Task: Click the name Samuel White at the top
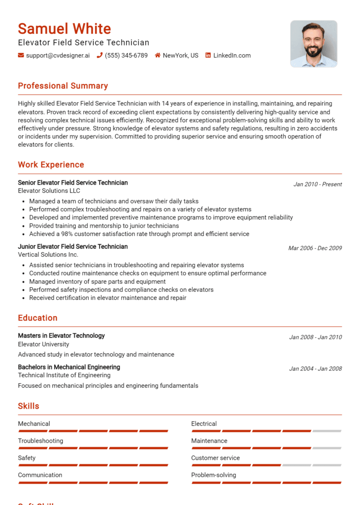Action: coord(64,29)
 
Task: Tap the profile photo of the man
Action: coord(314,44)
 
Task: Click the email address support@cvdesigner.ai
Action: coord(58,55)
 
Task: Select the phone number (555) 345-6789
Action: coord(126,55)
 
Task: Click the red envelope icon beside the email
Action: coord(21,55)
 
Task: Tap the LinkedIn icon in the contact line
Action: coord(208,55)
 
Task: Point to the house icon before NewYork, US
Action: coord(157,55)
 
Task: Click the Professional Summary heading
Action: coord(63,86)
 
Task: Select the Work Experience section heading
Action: coord(51,164)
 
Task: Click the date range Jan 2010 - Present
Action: coord(317,184)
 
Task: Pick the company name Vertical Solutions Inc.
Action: coord(48,255)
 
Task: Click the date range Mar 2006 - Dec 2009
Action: coord(315,248)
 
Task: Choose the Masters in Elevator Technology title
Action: coord(61,335)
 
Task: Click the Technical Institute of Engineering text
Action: coord(64,375)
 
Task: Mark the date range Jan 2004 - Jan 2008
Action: coord(315,369)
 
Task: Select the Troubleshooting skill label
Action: coord(40,441)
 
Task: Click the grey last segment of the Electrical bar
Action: coord(327,431)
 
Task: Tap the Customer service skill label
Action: coord(215,458)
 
